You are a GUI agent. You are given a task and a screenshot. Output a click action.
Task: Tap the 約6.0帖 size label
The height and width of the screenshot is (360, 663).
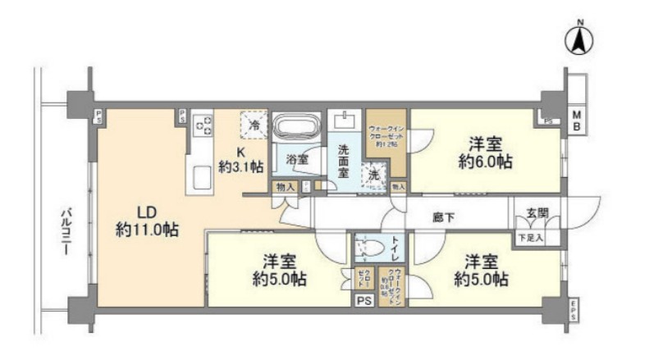click(485, 161)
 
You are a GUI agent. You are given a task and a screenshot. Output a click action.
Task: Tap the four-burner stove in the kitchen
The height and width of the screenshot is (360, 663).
click(203, 126)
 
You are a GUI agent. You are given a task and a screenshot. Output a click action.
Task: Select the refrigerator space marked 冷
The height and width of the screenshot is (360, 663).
click(254, 125)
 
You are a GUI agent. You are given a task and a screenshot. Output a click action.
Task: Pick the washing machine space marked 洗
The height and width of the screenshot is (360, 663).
click(375, 174)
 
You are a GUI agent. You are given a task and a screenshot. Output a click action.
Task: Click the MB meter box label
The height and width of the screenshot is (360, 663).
click(577, 121)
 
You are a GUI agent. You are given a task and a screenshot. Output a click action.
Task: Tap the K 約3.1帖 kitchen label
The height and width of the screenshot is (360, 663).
click(240, 159)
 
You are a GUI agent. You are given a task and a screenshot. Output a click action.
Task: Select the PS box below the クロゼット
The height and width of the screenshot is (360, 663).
click(363, 301)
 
